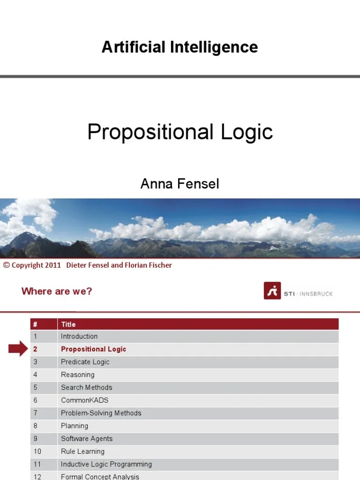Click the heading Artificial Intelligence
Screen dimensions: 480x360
point(180,47)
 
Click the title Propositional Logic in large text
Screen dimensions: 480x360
point(180,132)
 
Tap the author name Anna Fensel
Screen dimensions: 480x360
point(180,184)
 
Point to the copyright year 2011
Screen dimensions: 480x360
point(53,265)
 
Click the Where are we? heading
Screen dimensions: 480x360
point(57,291)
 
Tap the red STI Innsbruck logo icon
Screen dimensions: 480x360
point(272,291)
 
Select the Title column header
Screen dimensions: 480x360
point(68,324)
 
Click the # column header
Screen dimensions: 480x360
point(35,324)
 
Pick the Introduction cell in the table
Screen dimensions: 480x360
point(79,336)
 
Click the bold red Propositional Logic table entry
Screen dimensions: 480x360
point(93,349)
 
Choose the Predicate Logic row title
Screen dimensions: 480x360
point(85,362)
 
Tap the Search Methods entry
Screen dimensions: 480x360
point(86,388)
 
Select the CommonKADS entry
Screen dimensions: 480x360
point(84,400)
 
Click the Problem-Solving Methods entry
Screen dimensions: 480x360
point(101,413)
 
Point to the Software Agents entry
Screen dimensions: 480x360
point(87,439)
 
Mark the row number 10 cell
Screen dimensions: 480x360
point(37,451)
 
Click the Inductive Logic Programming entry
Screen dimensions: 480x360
point(106,464)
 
